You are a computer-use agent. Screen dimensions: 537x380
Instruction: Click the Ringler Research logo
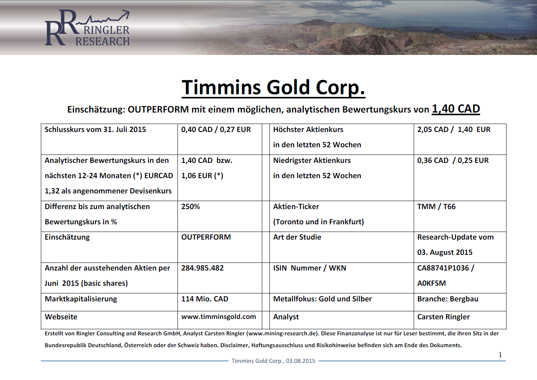point(87,27)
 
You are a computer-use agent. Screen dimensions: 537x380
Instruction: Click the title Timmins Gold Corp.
point(273,88)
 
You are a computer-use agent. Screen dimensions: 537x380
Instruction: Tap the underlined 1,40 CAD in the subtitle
point(456,109)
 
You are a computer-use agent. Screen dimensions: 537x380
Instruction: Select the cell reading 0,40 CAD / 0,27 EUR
point(216,130)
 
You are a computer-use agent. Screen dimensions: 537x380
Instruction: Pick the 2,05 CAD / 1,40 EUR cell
point(454,130)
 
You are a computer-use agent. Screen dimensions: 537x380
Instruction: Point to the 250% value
point(190,206)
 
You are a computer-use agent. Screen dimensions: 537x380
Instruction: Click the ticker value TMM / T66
point(436,206)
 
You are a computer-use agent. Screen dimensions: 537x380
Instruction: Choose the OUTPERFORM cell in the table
point(206,237)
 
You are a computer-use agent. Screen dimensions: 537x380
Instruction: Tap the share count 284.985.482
point(202,268)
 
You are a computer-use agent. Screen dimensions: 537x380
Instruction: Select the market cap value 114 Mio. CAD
point(205,299)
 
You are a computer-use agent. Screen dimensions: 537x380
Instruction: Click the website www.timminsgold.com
point(219,317)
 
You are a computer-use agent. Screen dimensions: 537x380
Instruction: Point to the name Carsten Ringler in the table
point(443,317)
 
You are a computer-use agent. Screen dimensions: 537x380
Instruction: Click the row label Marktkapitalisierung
point(81,299)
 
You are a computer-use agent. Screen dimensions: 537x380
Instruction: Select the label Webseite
point(61,317)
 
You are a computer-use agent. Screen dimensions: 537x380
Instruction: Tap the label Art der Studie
point(297,237)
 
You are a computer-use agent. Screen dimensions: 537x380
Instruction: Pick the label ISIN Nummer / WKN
point(310,268)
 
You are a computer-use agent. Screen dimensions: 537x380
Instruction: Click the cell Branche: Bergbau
point(448,299)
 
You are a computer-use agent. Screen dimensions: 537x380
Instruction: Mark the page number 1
point(500,354)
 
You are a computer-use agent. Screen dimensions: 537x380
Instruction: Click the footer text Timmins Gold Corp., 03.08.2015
point(273,361)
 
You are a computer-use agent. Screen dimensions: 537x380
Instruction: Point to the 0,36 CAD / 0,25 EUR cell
point(453,161)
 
